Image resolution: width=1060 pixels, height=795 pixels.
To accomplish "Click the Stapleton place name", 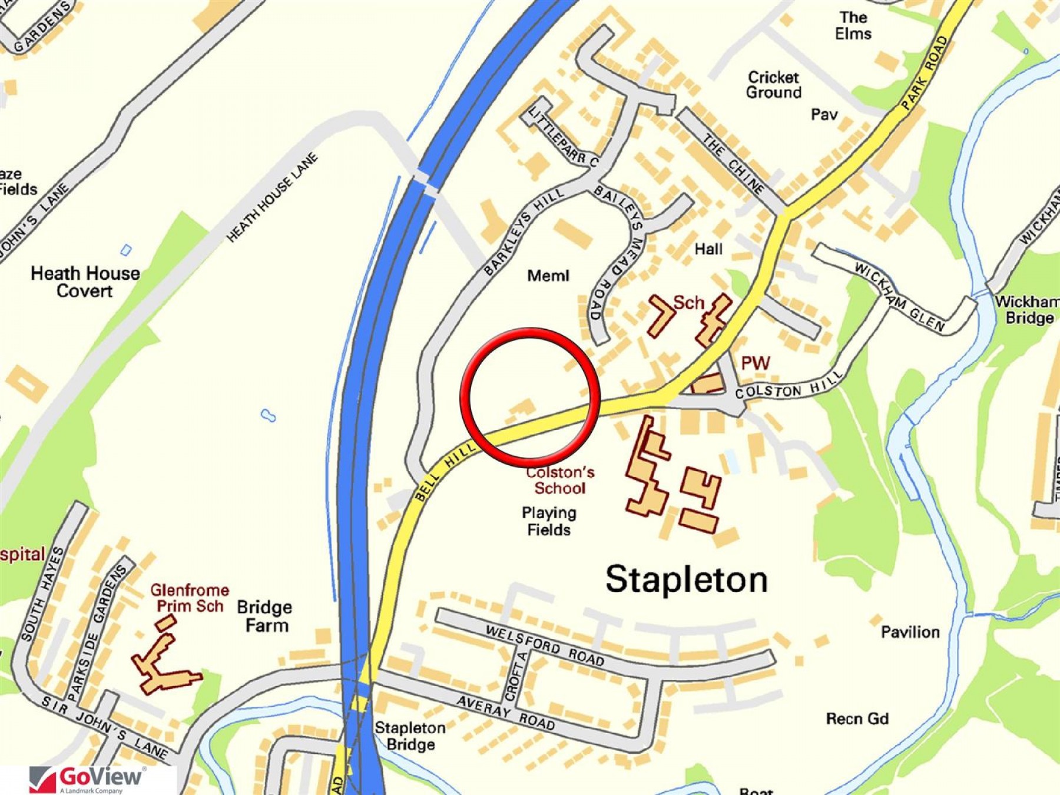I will [687, 579].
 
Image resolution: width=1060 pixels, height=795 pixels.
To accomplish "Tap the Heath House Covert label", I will [85, 282].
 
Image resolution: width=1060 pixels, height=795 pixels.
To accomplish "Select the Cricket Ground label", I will [774, 85].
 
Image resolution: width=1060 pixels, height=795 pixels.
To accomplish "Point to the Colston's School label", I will [559, 480].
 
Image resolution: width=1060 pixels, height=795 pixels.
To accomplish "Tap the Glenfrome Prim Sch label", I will [189, 598].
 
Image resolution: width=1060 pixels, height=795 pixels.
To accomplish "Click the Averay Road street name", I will [505, 712].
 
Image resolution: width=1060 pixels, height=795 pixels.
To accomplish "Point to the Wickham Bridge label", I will [1028, 310].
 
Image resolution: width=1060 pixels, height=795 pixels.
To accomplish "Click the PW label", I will [755, 363].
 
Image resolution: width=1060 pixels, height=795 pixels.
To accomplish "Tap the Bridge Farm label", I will [265, 616].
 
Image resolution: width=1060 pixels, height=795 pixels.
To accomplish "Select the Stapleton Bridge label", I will [410, 736].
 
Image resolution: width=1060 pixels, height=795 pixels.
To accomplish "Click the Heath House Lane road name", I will [272, 197].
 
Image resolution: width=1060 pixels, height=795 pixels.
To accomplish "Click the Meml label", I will [548, 276].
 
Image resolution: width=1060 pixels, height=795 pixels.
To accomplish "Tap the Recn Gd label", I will [857, 718].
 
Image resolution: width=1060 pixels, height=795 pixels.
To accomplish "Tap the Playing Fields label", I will [549, 521].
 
